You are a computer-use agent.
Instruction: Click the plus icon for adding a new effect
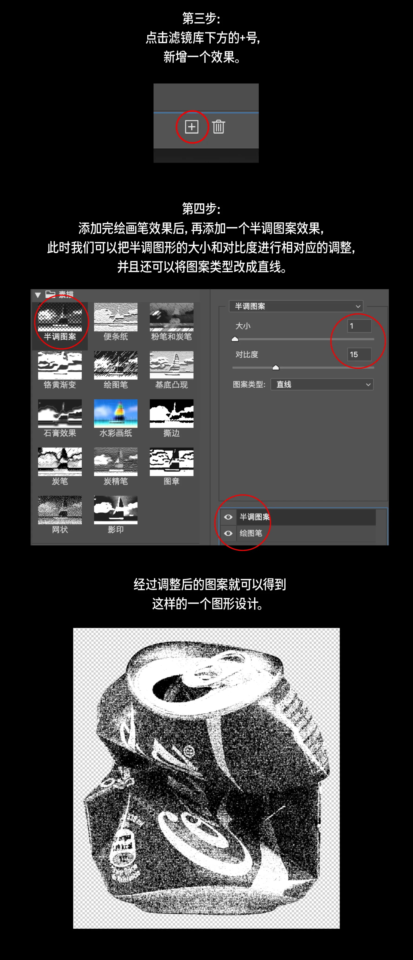pos(191,127)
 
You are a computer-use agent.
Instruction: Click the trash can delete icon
pos(219,127)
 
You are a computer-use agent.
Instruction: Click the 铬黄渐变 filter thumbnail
pos(60,365)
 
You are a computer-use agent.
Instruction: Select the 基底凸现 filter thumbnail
pos(172,365)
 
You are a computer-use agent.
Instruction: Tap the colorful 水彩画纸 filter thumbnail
pos(116,413)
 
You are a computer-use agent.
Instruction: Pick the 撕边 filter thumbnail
pos(172,413)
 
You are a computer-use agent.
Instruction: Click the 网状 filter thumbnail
pos(60,510)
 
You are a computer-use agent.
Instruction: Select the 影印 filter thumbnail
pos(116,510)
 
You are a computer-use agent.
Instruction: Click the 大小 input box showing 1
pos(359,326)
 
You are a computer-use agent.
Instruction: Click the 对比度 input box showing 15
pos(359,354)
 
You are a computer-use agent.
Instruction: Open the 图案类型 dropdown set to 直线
pos(322,384)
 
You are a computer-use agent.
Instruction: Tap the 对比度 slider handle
pos(276,368)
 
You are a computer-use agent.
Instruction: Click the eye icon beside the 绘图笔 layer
pos(228,533)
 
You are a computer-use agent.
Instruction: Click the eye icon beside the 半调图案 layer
pos(228,517)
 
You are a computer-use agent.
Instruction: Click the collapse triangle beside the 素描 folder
pos(38,295)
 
